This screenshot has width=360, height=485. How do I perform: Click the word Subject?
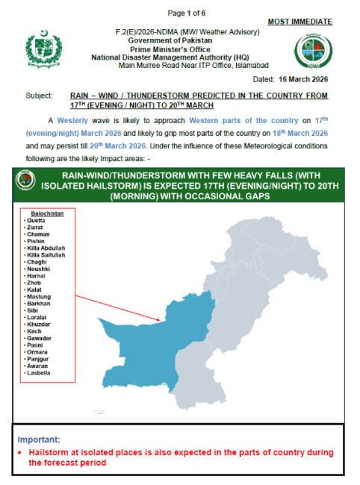click(37, 96)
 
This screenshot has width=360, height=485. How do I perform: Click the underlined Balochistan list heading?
click(46, 213)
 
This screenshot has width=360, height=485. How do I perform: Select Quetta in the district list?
click(36, 221)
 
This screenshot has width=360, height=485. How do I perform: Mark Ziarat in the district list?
click(35, 228)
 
